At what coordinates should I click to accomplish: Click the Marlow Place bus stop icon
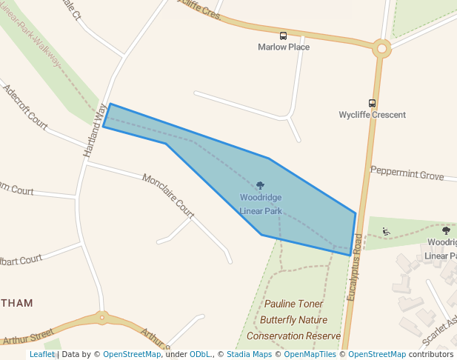tap(284, 36)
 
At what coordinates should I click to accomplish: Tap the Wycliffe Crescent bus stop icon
tap(372, 104)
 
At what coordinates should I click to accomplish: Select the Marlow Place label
tap(284, 47)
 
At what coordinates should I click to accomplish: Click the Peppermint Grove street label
tap(407, 173)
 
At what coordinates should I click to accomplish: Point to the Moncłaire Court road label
tap(168, 196)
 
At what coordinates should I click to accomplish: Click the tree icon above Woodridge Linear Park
tap(260, 186)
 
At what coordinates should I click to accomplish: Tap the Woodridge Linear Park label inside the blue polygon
tap(261, 204)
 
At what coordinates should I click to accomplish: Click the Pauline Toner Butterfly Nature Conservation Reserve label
tap(293, 320)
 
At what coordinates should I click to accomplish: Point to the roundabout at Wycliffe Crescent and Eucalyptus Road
tap(382, 49)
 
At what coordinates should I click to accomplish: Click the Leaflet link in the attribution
tap(41, 355)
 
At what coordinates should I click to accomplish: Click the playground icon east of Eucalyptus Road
tap(385, 232)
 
